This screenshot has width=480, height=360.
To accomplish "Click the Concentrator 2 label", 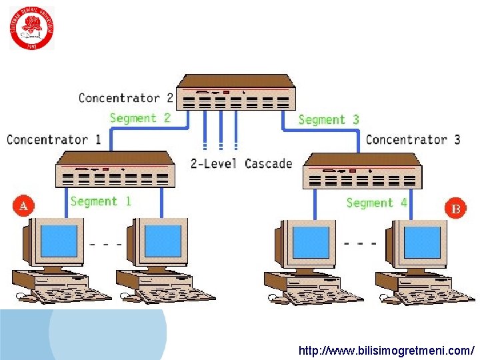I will point(126,98).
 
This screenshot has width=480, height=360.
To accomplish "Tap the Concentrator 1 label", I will point(54,139).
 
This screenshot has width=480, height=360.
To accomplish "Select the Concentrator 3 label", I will point(413,139).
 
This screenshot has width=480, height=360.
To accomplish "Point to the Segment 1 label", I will point(101,201).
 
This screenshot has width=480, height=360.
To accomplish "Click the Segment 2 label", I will point(140,118).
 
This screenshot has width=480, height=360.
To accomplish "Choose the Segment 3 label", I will point(329,119).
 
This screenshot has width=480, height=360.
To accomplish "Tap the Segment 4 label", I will point(377,203).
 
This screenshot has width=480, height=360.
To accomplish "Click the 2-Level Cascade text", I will point(241,163).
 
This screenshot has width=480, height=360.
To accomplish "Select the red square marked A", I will point(23,205).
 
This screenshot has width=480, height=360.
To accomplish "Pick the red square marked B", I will point(456,209).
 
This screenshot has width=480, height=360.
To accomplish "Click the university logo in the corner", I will point(31,28).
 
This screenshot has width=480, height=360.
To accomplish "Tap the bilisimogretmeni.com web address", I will point(387,350).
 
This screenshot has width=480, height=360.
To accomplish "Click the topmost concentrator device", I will point(237,93).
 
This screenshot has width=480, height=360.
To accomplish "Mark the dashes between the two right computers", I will point(361,243).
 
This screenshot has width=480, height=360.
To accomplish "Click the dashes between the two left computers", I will point(106,245).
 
